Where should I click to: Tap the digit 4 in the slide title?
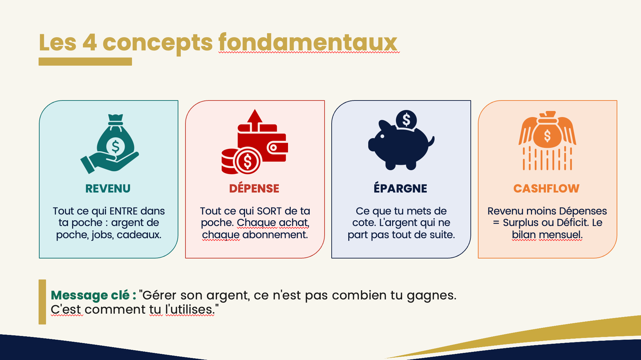90,43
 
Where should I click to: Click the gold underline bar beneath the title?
85,62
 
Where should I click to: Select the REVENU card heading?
108,188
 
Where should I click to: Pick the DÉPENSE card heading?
254,188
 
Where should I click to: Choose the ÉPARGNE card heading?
400,188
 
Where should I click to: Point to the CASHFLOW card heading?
546,188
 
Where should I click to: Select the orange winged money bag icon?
547,140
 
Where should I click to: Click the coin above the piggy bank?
406,120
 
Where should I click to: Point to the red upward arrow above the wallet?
255,120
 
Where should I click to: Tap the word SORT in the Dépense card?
269,211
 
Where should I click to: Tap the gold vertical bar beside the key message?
42,302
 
